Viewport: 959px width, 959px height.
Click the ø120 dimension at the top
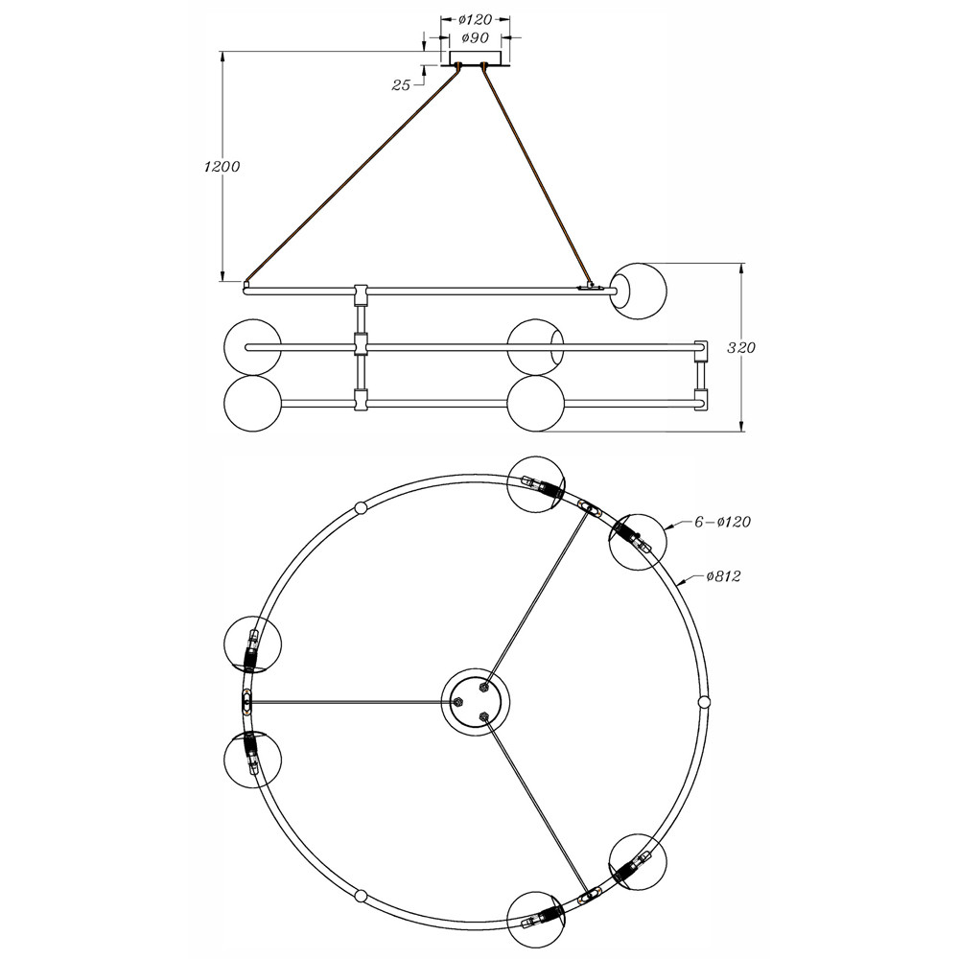476,19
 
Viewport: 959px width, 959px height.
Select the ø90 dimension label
475,38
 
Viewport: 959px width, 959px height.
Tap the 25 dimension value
401,85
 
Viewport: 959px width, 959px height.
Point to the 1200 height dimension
222,166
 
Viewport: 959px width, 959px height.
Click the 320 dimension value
741,348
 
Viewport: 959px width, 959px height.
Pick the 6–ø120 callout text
722,522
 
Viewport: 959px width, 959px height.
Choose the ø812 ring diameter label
723,576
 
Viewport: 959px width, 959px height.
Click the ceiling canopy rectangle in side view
476,58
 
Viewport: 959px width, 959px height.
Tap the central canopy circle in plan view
476,702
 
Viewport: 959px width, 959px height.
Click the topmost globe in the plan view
536,484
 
